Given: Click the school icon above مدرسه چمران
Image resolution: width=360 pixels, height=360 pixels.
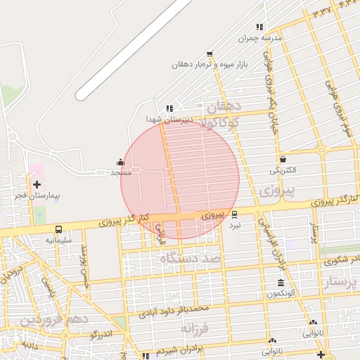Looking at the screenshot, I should pyautogui.click(x=259, y=27).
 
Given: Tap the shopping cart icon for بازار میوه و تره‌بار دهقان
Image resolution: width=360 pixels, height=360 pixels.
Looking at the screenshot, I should pyautogui.click(x=209, y=54).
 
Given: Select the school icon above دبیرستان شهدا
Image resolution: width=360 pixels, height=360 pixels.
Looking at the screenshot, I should pyautogui.click(x=169, y=108).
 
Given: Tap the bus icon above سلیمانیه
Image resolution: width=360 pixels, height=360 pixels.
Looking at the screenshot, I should pyautogui.click(x=58, y=229).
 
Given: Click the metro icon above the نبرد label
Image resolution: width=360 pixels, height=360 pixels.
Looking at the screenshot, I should pyautogui.click(x=234, y=214).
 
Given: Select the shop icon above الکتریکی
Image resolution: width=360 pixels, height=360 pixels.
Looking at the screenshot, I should pyautogui.click(x=283, y=160).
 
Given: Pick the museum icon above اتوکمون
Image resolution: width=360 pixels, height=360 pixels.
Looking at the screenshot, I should pyautogui.click(x=281, y=283).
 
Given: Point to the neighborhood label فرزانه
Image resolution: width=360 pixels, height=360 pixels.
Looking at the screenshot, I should pyautogui.click(x=196, y=328).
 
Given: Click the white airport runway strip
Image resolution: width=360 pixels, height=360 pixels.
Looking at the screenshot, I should pyautogui.click(x=134, y=49).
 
